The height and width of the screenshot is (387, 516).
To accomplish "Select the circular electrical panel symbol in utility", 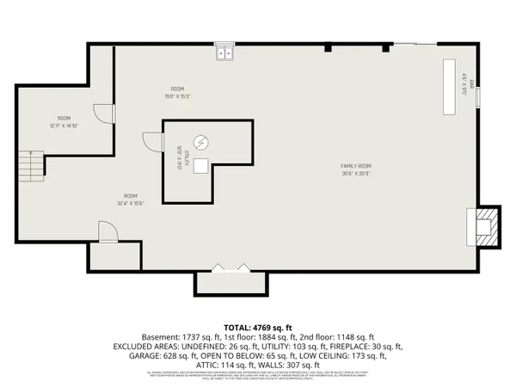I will (x=201, y=143).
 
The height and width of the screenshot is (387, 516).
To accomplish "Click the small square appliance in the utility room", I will (x=201, y=167).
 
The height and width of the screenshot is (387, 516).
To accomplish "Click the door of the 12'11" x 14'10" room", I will (x=103, y=115).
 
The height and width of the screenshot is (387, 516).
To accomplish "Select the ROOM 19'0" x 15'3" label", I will (x=178, y=93).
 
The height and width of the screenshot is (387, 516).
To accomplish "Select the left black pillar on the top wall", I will (x=329, y=47).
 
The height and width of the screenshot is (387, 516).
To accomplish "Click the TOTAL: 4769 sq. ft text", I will (x=257, y=328).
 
